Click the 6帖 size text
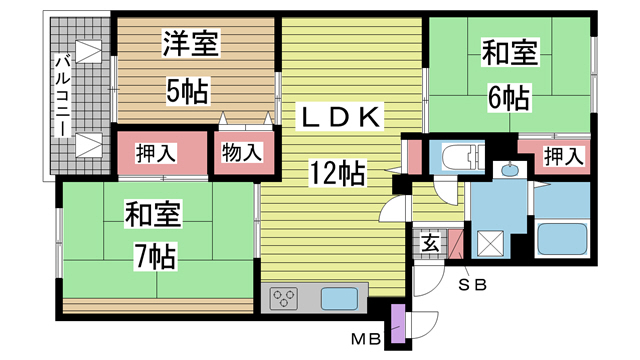509,98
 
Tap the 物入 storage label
242,153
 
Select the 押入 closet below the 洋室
156,153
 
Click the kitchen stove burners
284,299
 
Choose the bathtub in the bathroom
566,239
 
